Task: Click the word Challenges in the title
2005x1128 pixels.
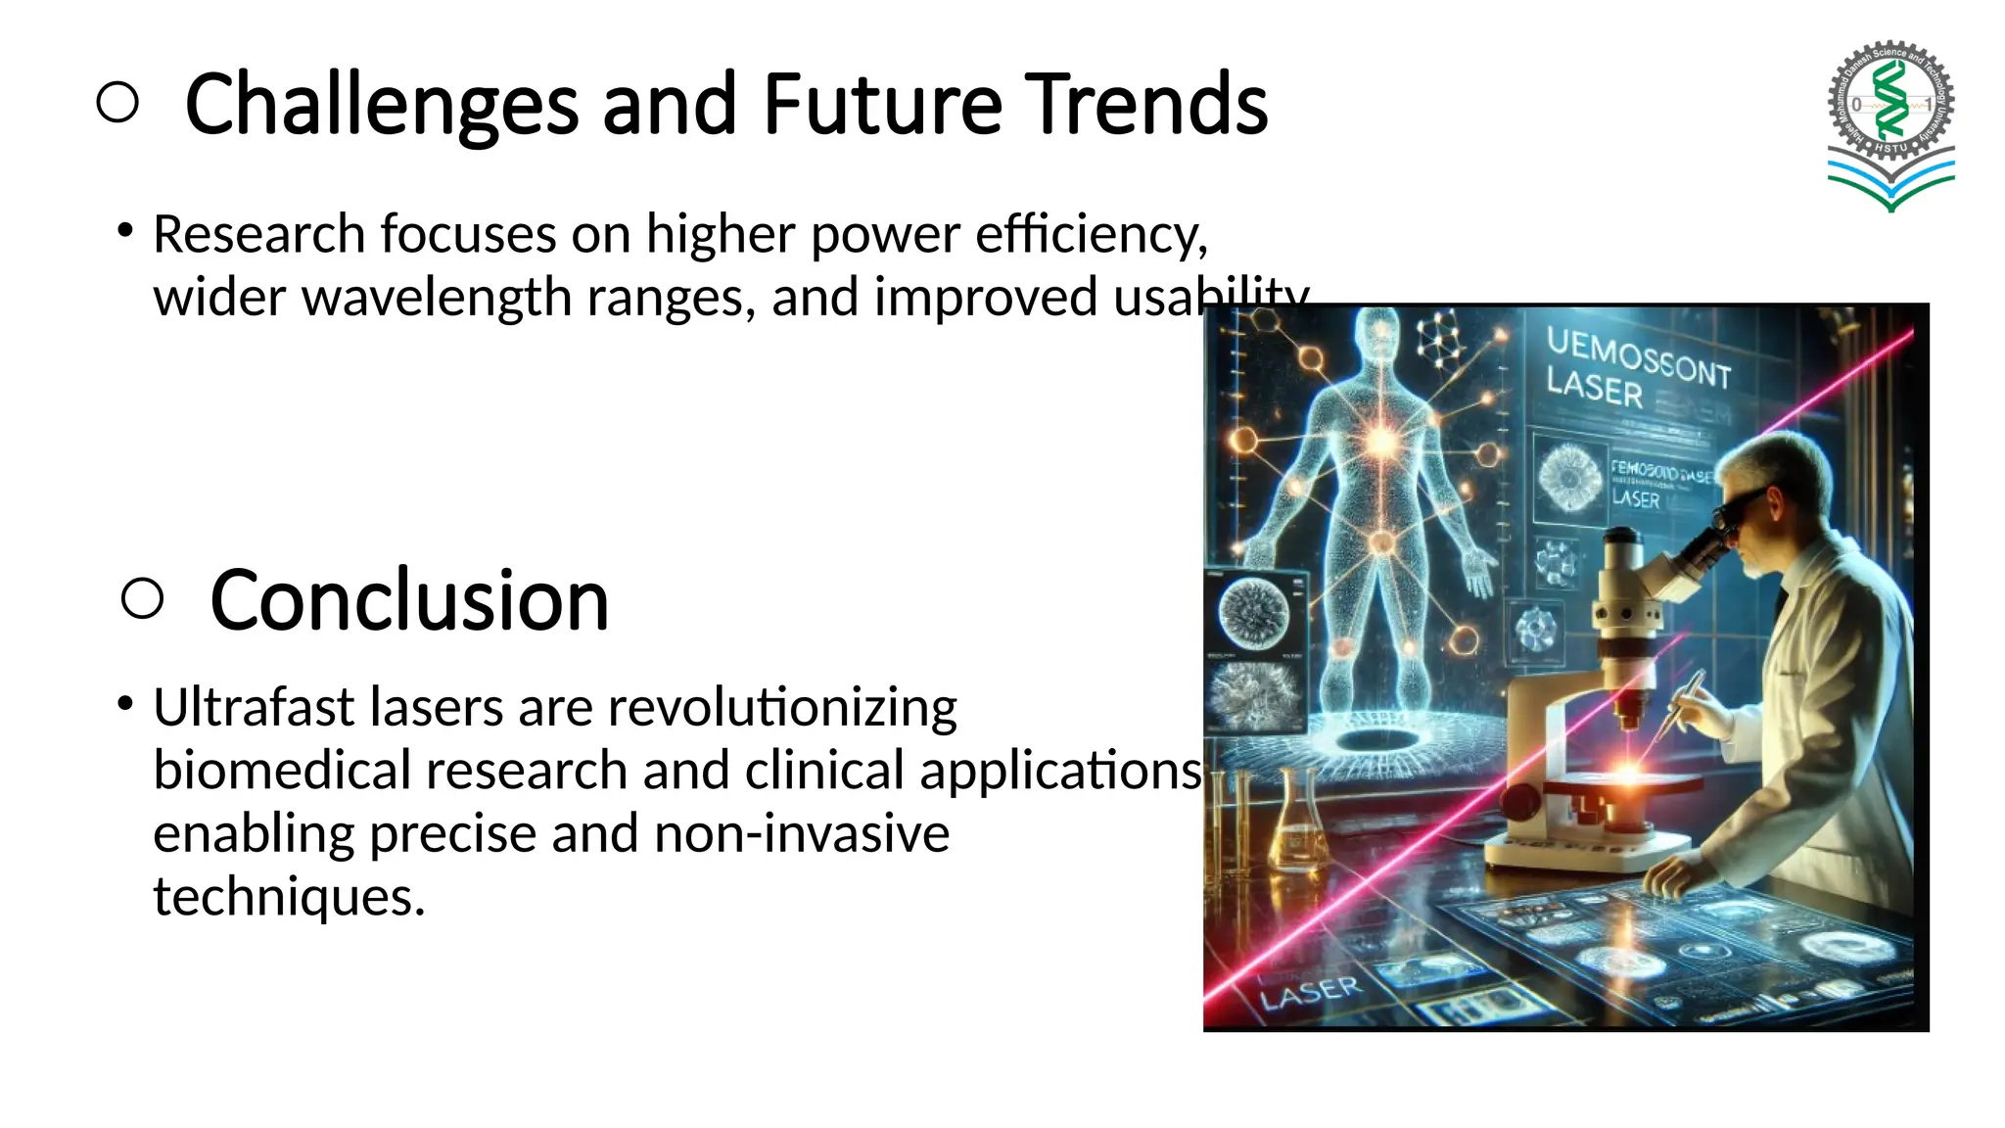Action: [x=381, y=105]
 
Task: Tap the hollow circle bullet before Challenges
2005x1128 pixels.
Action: [x=118, y=103]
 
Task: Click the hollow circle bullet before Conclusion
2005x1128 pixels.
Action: [x=143, y=597]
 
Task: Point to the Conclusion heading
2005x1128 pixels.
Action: [x=409, y=599]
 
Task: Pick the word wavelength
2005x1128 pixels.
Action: [x=437, y=297]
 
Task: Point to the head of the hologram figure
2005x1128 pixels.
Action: [x=1380, y=333]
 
